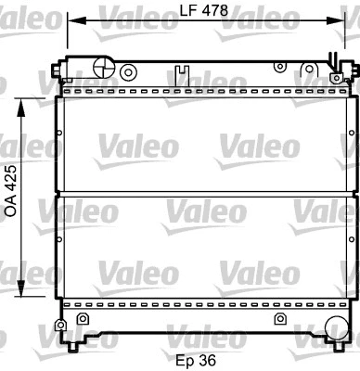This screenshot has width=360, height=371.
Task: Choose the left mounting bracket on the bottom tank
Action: pos(83,319)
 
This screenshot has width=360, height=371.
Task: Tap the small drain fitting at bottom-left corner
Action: pos(61,326)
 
